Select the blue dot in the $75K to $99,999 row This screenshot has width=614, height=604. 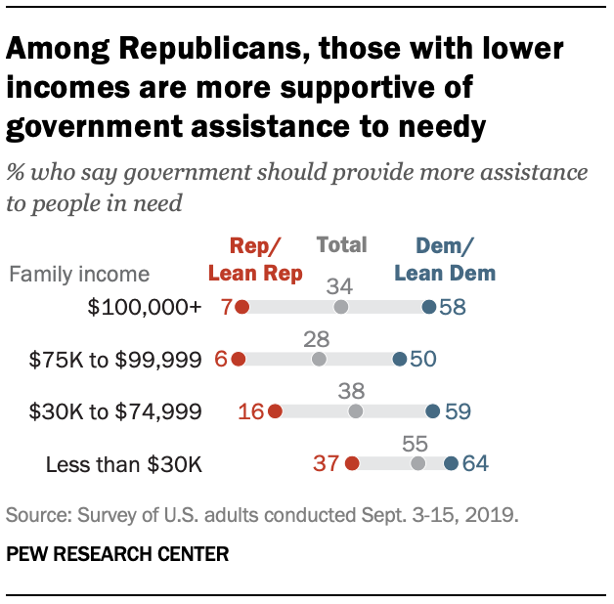(399, 360)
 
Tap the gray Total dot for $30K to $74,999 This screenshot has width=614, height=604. (356, 411)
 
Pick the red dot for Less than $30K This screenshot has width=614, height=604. (352, 463)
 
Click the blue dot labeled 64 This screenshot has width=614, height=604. (451, 463)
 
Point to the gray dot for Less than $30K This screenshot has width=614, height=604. (418, 463)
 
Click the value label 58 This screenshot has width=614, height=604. (452, 307)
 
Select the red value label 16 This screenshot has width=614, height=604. (251, 411)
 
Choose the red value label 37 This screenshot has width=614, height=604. (327, 463)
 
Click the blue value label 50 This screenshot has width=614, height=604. (423, 360)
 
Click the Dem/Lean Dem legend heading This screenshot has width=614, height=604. (443, 259)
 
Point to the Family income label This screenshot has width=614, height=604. (79, 274)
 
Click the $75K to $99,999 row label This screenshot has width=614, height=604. (115, 360)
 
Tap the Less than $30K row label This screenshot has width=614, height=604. (124, 463)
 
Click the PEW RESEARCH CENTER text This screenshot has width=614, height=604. (117, 554)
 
